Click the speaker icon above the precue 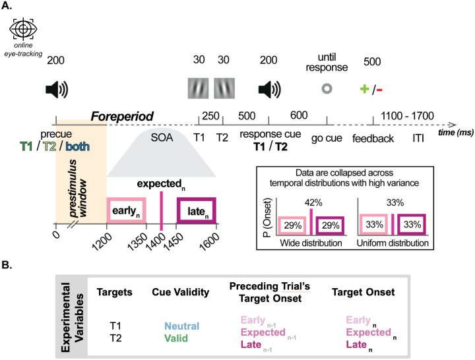(x=56, y=88)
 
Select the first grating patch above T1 (x=199, y=88)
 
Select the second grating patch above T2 (x=224, y=88)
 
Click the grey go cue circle (x=327, y=88)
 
